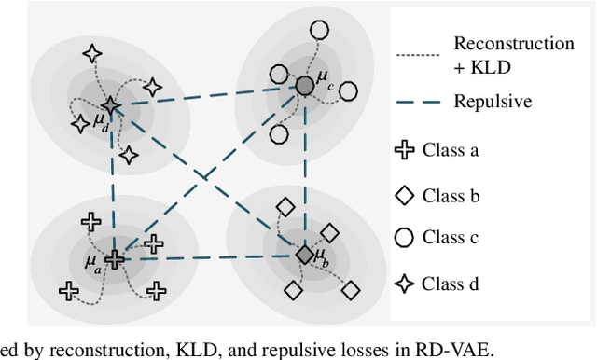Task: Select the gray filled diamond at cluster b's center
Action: [304, 254]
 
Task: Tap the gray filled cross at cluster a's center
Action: [114, 259]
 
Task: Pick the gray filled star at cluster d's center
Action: [110, 105]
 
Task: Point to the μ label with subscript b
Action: [321, 255]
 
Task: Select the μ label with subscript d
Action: [101, 124]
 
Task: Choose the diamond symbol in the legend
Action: [404, 195]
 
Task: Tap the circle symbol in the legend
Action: [404, 239]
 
